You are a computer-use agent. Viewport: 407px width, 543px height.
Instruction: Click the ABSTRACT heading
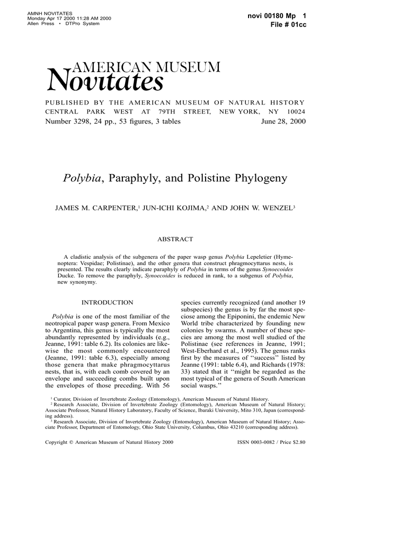click(x=175, y=239)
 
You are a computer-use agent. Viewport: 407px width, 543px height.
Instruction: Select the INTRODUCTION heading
click(x=107, y=302)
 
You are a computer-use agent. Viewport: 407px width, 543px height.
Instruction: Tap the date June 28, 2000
click(x=283, y=121)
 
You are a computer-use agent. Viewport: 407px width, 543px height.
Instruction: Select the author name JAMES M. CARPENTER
click(x=96, y=208)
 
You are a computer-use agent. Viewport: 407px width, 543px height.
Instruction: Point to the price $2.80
click(x=299, y=441)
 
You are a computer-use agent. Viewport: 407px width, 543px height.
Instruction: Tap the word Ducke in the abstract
click(x=66, y=276)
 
